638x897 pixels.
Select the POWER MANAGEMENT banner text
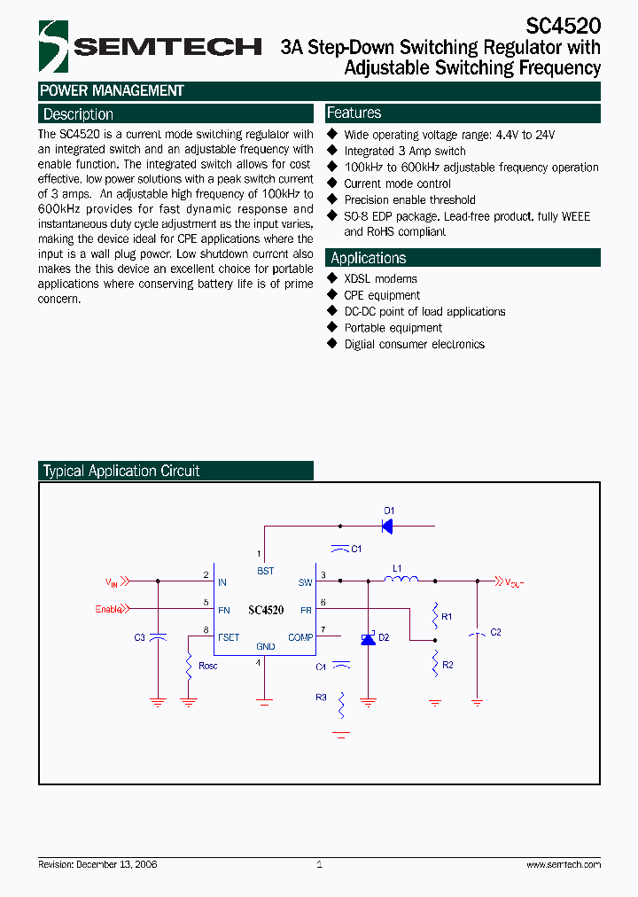point(112,90)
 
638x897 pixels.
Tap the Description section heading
point(78,114)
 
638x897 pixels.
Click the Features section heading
point(354,113)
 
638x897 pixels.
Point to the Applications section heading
point(368,258)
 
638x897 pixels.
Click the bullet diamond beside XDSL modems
point(332,278)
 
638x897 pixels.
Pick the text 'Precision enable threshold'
point(409,200)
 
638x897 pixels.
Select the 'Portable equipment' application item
point(393,328)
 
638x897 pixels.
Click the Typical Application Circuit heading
point(121,472)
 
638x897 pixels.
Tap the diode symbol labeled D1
point(387,525)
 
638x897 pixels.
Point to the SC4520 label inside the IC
point(266,610)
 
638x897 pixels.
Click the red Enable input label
point(108,609)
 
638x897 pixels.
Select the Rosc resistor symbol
point(189,666)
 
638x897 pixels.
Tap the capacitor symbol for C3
point(158,637)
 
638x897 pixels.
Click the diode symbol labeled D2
point(368,638)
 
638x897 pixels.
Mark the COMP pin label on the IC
point(300,637)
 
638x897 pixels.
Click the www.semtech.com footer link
point(563,864)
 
